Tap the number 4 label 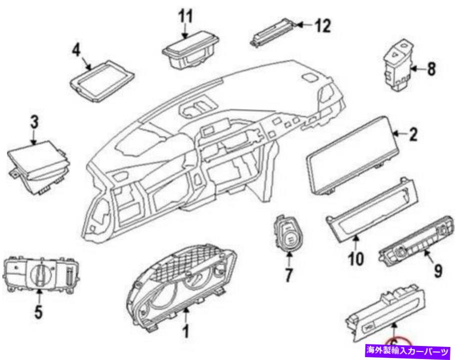coord(77,51)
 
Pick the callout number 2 coord(413,134)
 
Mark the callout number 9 coord(437,271)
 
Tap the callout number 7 coord(289,275)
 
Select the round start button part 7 coord(289,235)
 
